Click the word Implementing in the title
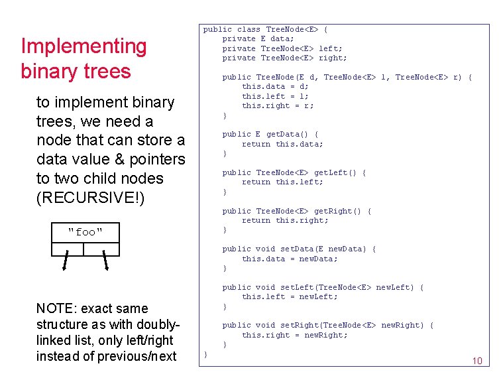coord(83,47)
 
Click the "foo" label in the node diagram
coord(85,232)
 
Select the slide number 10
coord(476,361)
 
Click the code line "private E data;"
coord(258,39)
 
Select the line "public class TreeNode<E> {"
coord(265,29)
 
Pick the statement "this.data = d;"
coord(275,86)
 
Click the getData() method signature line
coord(270,134)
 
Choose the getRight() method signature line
coord(296,211)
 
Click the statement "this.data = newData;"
coord(290,259)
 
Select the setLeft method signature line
coord(323,287)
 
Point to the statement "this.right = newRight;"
coord(294,335)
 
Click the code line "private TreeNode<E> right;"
coord(284,58)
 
